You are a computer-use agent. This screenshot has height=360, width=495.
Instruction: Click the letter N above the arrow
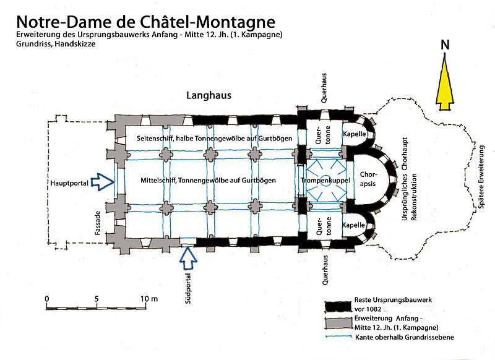click(x=444, y=45)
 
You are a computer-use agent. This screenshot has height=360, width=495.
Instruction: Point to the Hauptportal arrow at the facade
click(x=101, y=181)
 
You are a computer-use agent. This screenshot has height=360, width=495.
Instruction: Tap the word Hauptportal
click(x=68, y=182)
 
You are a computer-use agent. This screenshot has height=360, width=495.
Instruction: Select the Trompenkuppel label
click(x=325, y=180)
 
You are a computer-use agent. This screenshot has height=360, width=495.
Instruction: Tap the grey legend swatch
click(x=343, y=322)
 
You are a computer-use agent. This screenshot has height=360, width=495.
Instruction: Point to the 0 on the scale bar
click(x=47, y=299)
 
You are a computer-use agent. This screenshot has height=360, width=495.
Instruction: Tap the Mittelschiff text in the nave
click(x=152, y=179)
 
